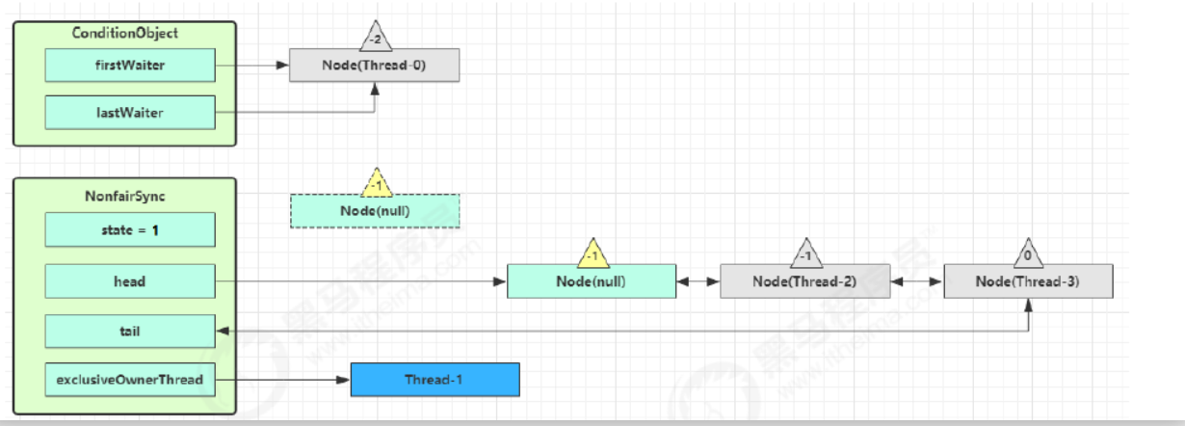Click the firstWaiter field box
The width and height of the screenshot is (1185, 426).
(130, 66)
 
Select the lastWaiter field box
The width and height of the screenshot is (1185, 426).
(130, 113)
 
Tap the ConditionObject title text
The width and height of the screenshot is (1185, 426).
(125, 33)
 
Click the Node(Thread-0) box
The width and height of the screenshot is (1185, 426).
(375, 66)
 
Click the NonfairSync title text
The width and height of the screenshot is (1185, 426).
(125, 196)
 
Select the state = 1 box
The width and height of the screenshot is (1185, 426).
(130, 230)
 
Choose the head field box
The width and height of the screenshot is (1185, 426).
(130, 281)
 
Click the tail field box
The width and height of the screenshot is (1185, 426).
(130, 331)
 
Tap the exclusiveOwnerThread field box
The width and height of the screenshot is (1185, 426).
(130, 380)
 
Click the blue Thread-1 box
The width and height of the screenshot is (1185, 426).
(434, 380)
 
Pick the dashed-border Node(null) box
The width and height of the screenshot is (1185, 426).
(375, 211)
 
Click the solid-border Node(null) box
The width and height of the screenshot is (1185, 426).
(592, 281)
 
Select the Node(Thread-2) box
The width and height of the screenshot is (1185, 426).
(804, 281)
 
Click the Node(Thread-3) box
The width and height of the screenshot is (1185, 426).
(1028, 281)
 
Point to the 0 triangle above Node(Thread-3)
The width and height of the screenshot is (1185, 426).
(1029, 256)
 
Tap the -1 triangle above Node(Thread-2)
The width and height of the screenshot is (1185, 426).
(805, 256)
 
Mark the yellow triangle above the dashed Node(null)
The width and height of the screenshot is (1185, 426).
(375, 183)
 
